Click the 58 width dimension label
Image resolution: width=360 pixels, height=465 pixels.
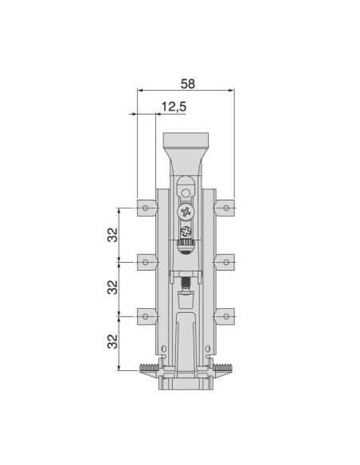point(188,84)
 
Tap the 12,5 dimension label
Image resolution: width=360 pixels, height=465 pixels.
point(174,107)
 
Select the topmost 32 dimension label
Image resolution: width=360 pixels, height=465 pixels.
point(112,235)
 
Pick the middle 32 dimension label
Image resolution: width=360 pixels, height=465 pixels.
point(112,287)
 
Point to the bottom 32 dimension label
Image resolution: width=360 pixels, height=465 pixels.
point(112,342)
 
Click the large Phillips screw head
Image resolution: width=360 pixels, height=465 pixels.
point(186,212)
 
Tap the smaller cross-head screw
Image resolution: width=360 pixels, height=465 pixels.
point(186,231)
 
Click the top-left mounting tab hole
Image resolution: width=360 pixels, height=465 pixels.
point(145,208)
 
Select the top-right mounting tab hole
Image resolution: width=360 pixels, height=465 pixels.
point(226,208)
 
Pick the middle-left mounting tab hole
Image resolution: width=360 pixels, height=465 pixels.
point(145,262)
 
